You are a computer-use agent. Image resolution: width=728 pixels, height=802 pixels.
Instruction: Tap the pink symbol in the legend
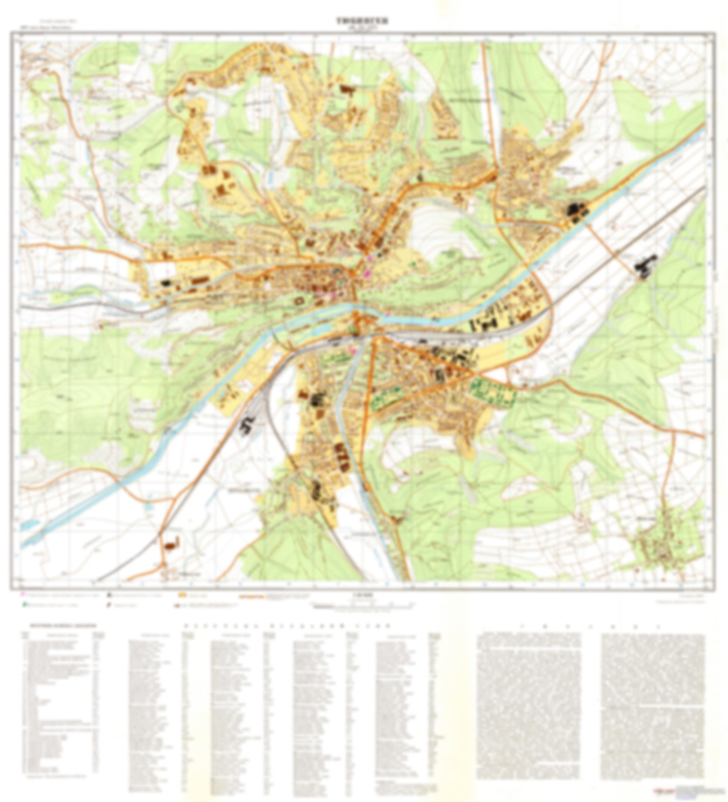tap(23, 596)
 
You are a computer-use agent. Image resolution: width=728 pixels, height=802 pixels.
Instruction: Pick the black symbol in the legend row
tap(108, 596)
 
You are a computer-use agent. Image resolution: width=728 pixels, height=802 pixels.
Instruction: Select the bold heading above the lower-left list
tap(60, 625)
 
